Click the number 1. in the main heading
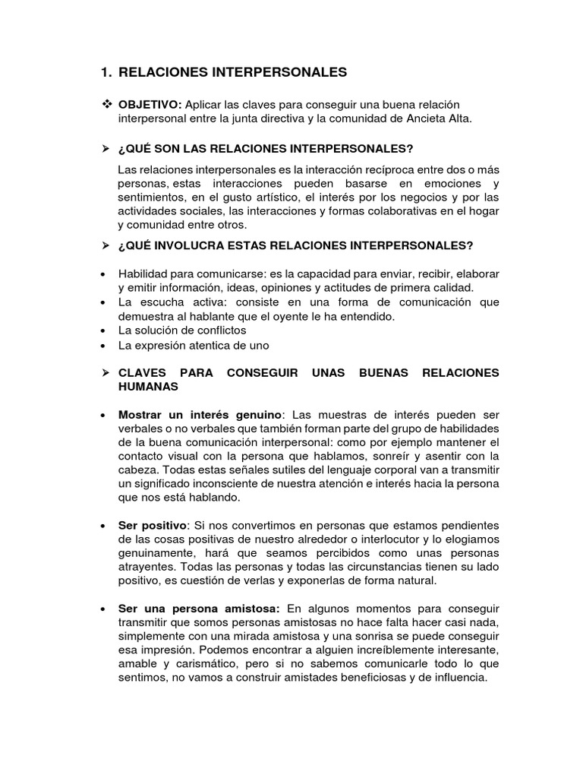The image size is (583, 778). point(106,72)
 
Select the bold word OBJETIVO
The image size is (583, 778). point(150,103)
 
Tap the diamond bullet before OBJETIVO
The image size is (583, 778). point(106,103)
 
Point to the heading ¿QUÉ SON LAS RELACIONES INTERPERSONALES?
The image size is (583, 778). point(266,147)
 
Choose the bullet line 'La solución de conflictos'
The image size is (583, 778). point(182,330)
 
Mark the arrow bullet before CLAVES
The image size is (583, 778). point(106,372)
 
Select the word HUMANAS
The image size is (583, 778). point(148,386)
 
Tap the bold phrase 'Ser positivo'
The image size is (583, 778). point(152,526)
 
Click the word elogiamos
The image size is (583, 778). point(471,540)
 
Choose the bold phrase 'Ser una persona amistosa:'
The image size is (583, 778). point(200,609)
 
